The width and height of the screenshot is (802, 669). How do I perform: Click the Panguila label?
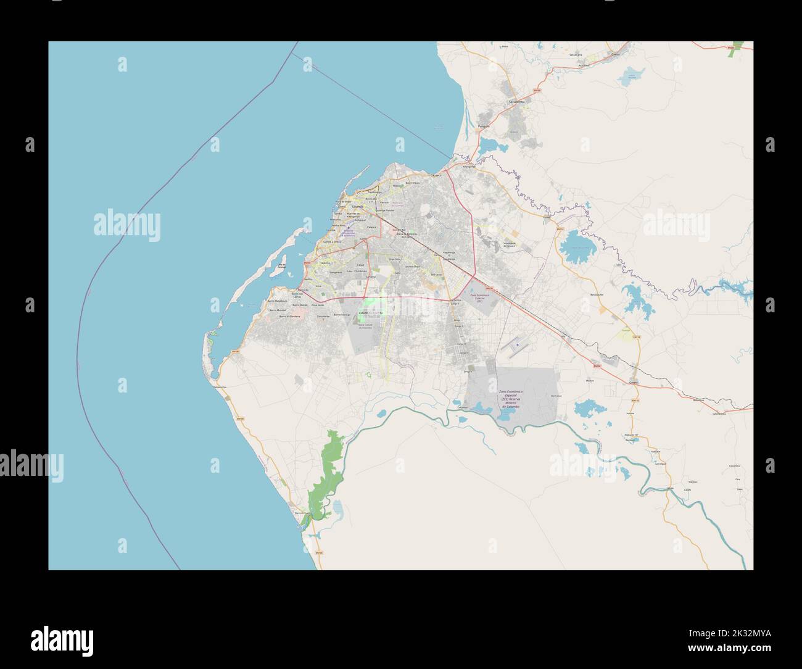coord(484,126)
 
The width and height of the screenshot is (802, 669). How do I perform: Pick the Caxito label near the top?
coord(615,54)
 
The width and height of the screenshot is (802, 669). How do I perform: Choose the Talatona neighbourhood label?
coord(325,263)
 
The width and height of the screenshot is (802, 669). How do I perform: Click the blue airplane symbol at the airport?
coord(518,343)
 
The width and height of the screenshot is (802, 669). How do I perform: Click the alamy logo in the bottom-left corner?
coord(62,638)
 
